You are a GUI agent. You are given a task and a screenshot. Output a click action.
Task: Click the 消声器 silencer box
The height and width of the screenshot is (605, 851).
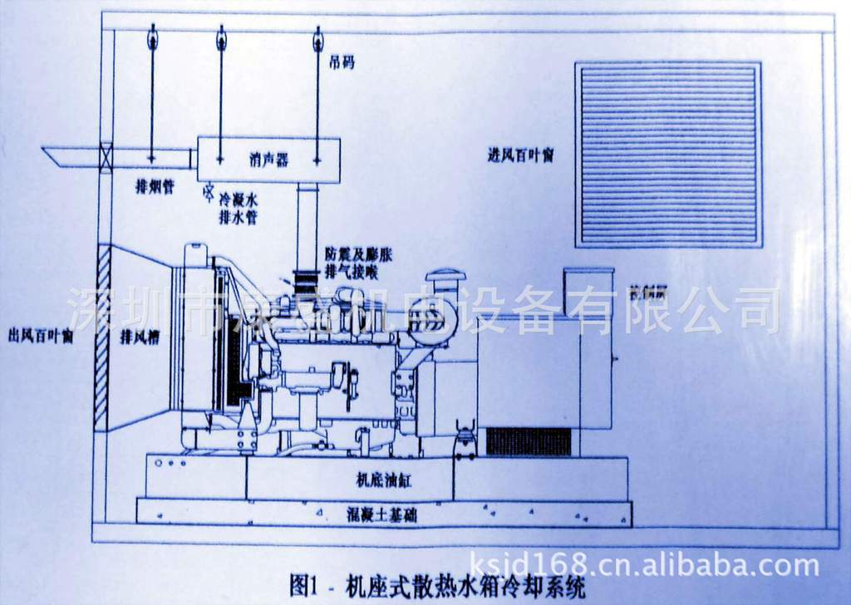(268, 160)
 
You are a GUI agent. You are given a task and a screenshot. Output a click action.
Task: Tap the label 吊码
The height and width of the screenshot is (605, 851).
(342, 62)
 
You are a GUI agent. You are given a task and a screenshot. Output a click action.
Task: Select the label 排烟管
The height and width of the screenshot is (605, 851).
(155, 187)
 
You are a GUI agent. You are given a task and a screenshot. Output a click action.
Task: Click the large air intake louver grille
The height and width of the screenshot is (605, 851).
(668, 155)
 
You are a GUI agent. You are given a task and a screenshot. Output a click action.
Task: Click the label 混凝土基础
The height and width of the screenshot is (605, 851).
(381, 515)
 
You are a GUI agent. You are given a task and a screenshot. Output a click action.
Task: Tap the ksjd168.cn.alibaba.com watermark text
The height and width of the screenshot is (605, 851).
(644, 566)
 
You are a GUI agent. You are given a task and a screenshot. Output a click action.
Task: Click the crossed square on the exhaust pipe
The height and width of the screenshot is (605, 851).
(106, 156)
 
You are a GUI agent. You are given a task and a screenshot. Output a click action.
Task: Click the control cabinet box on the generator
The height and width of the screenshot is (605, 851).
(588, 291)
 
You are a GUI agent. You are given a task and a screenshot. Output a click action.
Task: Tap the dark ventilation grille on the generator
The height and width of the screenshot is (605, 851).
(528, 441)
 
